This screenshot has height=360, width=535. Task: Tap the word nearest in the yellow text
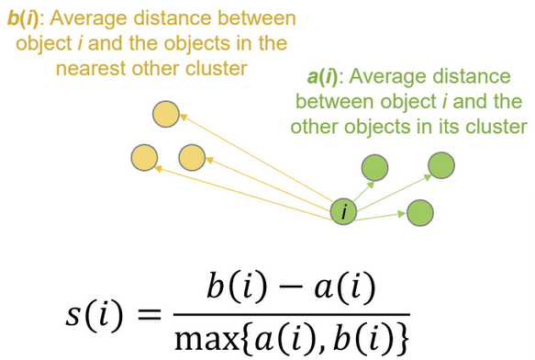click(x=94, y=68)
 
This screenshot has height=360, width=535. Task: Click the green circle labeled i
click(x=344, y=212)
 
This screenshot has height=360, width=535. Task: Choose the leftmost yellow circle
click(x=144, y=157)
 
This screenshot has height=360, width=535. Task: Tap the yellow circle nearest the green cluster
click(x=192, y=157)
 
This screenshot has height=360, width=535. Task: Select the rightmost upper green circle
click(x=441, y=164)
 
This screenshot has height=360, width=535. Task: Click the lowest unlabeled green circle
click(x=419, y=212)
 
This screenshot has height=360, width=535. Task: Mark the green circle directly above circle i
click(x=373, y=168)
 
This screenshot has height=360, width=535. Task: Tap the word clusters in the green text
click(x=496, y=126)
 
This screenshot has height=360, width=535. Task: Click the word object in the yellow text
click(x=29, y=43)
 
